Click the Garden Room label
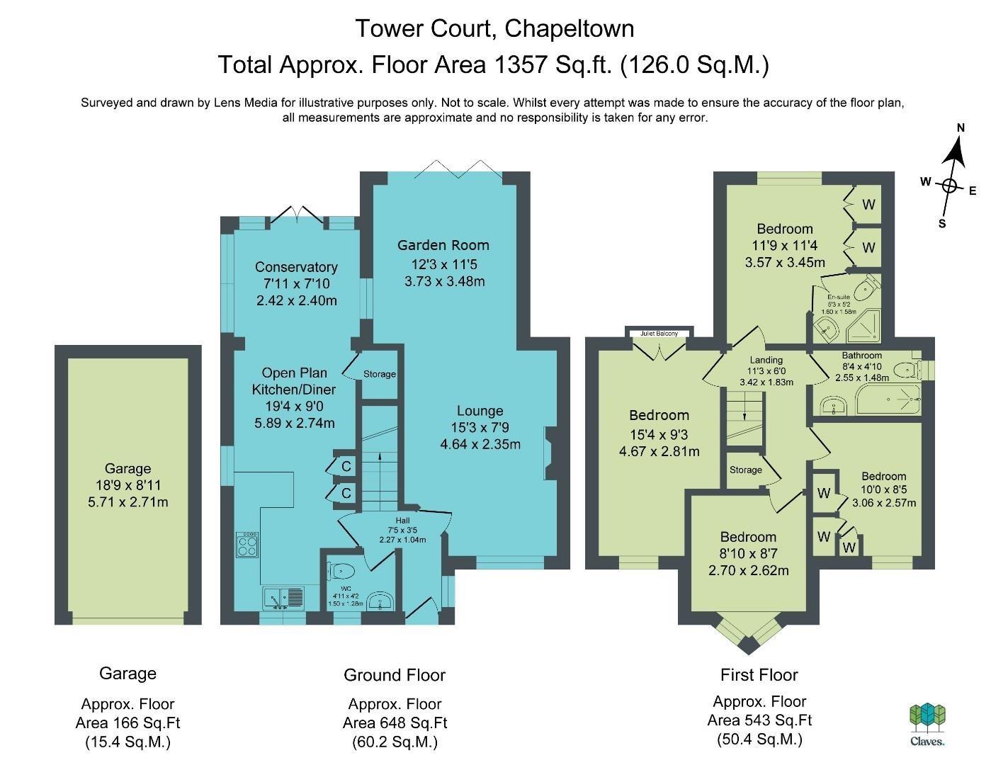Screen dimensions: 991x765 [x=443, y=245]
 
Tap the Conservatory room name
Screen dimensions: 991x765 [x=296, y=267]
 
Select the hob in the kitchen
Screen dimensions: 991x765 [x=247, y=544]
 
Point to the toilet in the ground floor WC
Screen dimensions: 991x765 [x=341, y=570]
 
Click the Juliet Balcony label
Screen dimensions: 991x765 [x=659, y=333]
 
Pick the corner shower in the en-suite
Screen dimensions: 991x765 [x=863, y=326]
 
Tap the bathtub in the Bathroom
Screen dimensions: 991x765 [x=888, y=399]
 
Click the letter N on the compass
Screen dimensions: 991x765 [x=961, y=128]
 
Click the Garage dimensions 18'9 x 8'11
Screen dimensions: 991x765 [x=128, y=485]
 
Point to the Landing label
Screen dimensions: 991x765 [x=766, y=360]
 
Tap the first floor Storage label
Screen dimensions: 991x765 [x=746, y=470]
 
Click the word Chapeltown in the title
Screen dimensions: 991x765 [x=569, y=29]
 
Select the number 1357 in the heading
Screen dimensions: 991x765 [x=521, y=64]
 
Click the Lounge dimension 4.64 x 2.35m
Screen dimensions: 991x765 [x=480, y=444]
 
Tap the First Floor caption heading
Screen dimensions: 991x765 [x=759, y=675]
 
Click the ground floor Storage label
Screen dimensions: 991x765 [x=380, y=374]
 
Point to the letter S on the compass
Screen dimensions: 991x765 [x=941, y=224]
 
